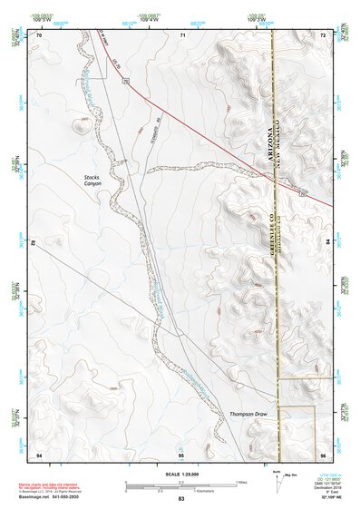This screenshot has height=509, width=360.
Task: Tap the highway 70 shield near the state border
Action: pyautogui.click(x=302, y=193)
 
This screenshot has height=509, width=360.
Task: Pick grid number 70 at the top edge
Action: pyautogui.click(x=39, y=34)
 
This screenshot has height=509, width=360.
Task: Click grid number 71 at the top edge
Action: pyautogui.click(x=182, y=34)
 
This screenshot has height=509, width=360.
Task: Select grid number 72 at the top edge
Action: pyautogui.click(x=323, y=34)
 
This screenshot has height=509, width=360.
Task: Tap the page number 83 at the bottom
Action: pyautogui.click(x=180, y=500)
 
